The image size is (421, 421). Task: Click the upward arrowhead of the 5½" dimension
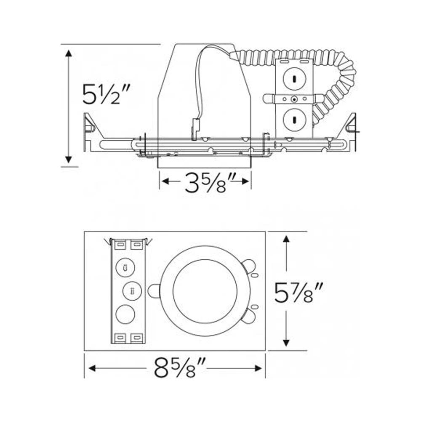click(69, 53)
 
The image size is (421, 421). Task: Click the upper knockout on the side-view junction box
click(293, 79)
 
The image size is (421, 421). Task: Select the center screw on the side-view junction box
click(294, 99)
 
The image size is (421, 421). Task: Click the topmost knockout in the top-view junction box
click(125, 267)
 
